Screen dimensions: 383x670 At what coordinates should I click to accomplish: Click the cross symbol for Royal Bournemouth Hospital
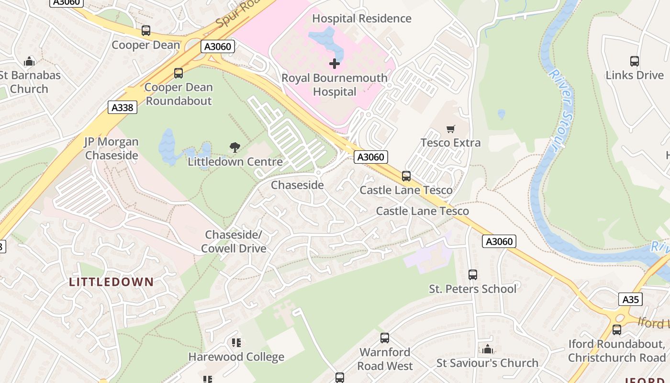(335, 64)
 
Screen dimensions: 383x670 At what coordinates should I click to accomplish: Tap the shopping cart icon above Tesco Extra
(450, 129)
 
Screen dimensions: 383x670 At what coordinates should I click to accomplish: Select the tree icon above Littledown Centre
(234, 147)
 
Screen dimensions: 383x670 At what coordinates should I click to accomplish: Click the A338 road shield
(123, 108)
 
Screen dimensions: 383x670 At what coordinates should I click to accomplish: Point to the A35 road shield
(630, 300)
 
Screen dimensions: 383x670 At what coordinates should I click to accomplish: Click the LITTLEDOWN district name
(111, 282)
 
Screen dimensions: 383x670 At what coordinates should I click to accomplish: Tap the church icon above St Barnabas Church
(29, 61)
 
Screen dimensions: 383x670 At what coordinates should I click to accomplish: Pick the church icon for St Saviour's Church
(487, 349)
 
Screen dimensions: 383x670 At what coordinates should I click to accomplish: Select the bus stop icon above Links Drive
(634, 61)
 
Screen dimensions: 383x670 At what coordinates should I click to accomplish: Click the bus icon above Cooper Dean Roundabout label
(179, 73)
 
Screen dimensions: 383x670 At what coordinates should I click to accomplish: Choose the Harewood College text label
(236, 357)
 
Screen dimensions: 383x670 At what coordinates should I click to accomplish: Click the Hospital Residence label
(361, 19)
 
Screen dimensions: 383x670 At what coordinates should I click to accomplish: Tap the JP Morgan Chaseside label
(112, 148)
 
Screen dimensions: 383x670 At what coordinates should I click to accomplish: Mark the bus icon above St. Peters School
(473, 275)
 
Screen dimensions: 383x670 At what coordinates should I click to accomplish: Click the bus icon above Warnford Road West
(385, 338)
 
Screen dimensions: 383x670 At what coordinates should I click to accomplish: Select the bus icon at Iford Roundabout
(616, 330)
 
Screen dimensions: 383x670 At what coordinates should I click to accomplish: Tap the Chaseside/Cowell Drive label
(234, 242)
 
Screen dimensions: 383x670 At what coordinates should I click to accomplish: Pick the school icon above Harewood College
(236, 342)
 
